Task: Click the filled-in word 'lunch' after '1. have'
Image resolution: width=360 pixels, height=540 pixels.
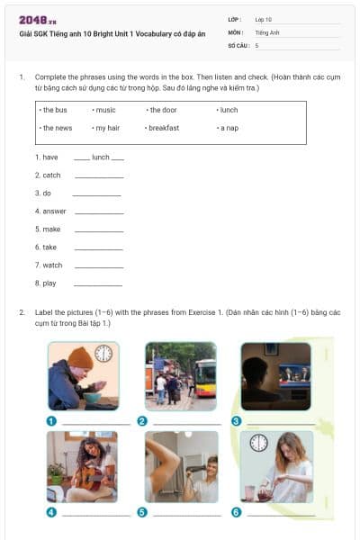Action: click(x=100, y=157)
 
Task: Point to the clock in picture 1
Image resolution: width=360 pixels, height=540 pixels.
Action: click(x=104, y=353)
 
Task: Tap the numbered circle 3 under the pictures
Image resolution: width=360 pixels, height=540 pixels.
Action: click(x=236, y=420)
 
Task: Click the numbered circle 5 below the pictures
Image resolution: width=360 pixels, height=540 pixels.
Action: click(x=141, y=512)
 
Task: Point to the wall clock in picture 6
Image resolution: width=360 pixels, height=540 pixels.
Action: click(x=259, y=442)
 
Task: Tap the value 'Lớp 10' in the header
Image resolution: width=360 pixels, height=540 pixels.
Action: click(x=264, y=18)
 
